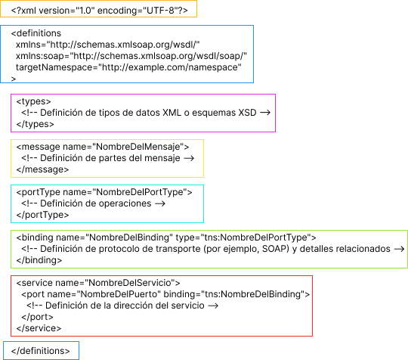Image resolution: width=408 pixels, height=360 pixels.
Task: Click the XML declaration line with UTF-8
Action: [100, 11]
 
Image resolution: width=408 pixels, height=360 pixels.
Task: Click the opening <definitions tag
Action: [36, 33]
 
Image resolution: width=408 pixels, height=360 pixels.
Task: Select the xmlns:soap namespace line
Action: [131, 56]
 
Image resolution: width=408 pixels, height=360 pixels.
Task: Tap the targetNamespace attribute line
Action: [128, 67]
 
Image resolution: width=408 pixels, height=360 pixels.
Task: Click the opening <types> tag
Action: [33, 101]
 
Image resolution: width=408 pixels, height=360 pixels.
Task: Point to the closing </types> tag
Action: [35, 124]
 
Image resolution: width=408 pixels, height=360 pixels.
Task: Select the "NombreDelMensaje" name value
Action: [138, 147]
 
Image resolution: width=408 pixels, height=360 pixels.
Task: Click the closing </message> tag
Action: [42, 169]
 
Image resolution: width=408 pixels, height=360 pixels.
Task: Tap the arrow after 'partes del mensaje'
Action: [189, 158]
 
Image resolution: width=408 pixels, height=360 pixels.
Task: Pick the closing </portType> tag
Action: [42, 215]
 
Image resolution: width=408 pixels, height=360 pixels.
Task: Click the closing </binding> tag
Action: [39, 260]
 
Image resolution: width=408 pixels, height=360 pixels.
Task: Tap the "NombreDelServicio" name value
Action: [130, 283]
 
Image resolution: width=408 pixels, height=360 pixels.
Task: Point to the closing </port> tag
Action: [37, 317]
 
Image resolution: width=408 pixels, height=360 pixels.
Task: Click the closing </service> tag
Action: [39, 328]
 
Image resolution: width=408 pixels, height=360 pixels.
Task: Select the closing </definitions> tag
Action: [40, 351]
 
